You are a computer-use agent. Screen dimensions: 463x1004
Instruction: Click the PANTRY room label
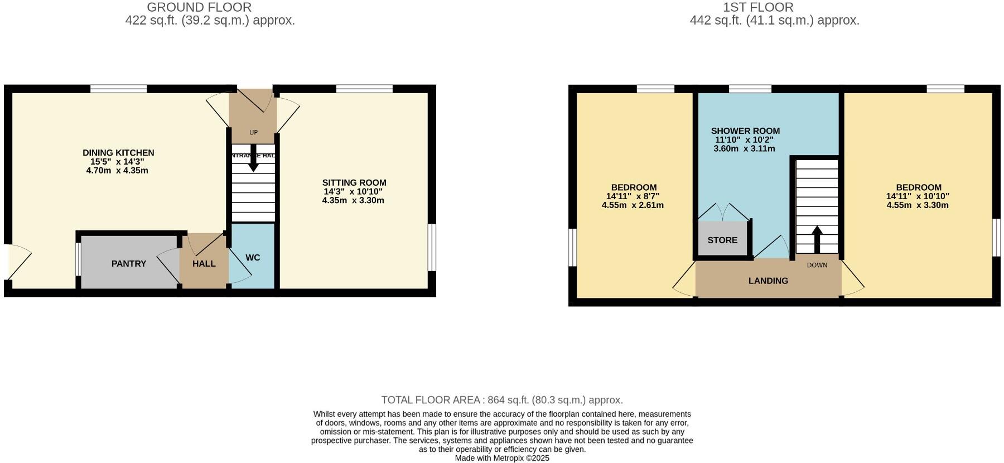(128, 263)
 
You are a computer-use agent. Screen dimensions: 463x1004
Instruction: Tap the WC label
(253, 257)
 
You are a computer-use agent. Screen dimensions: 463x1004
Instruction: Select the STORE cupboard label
(722, 240)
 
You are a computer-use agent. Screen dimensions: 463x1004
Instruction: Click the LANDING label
(768, 281)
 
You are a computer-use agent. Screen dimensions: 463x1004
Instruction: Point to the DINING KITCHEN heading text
(118, 152)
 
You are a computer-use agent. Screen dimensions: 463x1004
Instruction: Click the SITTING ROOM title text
(354, 182)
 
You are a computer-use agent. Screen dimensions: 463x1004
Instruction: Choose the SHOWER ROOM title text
(745, 131)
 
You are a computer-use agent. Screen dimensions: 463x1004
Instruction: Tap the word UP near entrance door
(253, 133)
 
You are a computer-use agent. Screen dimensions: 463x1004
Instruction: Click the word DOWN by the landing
(817, 265)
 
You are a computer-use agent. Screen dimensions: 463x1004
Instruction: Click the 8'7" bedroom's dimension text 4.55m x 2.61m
(633, 205)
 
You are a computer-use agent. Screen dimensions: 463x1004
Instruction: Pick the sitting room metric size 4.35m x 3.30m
(353, 200)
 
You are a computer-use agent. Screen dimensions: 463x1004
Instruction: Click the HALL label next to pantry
(204, 263)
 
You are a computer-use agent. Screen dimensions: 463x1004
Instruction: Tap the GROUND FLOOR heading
(199, 7)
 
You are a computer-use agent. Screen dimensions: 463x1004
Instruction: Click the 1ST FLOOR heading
(757, 7)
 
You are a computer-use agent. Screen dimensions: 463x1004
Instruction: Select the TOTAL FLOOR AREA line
(501, 400)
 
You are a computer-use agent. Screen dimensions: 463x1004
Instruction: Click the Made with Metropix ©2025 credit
(501, 458)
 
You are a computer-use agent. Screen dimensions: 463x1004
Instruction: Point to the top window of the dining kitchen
(119, 89)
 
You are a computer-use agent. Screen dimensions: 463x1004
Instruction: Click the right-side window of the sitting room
(432, 247)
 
